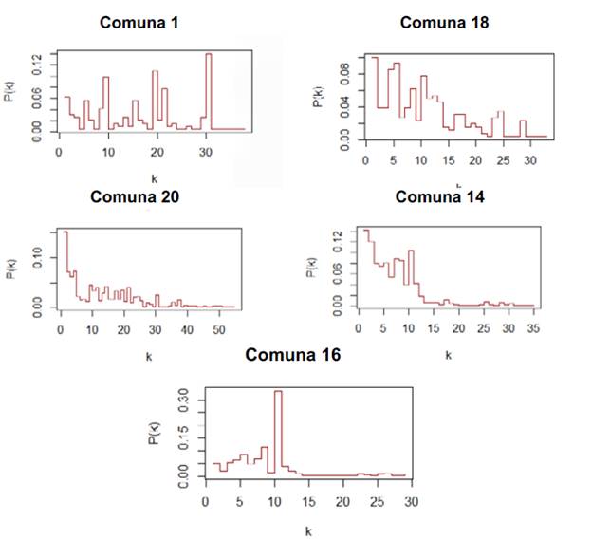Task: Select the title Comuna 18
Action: point(443,22)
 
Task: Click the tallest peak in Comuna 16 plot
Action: point(278,392)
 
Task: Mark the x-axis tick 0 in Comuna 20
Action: point(60,328)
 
